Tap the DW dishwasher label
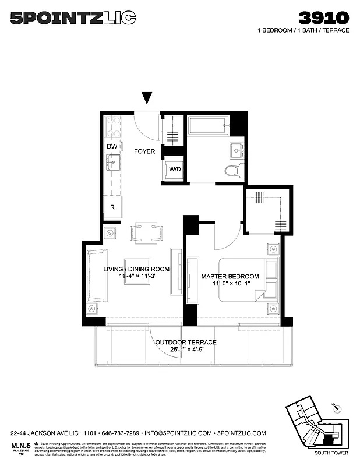pos(112,146)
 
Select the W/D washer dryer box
pos(174,170)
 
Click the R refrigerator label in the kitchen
pos(112,207)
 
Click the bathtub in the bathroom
pos(208,125)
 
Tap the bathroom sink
pos(237,150)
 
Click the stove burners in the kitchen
pos(112,126)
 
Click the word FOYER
pos(144,151)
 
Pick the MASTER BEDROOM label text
pos(230,276)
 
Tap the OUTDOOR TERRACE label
pos(185,343)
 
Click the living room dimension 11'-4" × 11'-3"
pos(144,277)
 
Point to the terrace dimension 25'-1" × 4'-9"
pos(185,351)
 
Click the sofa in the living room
pos(96,277)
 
